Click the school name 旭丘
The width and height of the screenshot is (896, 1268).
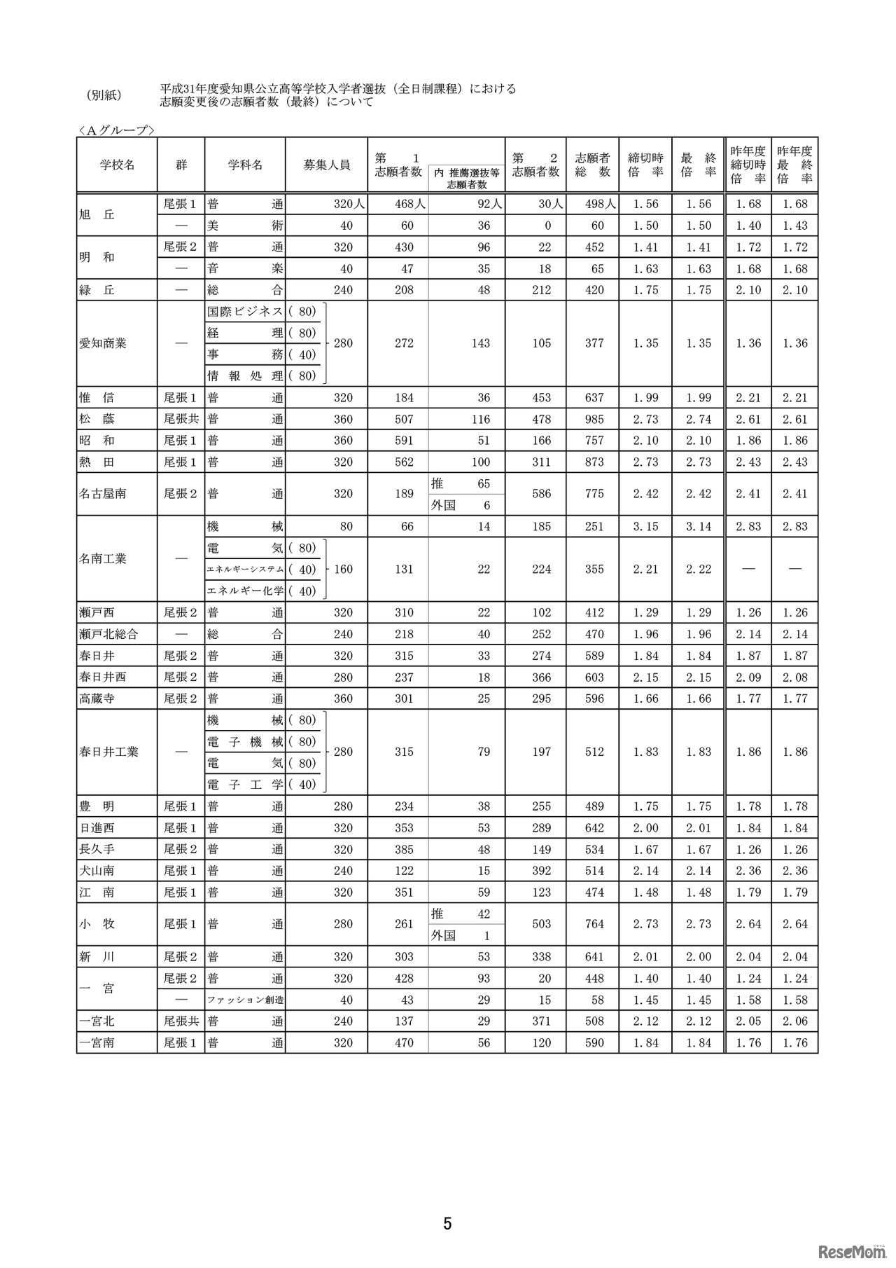point(97,215)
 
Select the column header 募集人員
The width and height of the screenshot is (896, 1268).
point(326,165)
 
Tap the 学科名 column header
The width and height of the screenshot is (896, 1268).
point(245,165)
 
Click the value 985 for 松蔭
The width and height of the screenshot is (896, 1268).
point(594,420)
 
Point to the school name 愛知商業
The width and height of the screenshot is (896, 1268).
point(103,344)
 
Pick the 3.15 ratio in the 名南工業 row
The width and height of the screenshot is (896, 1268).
point(645,527)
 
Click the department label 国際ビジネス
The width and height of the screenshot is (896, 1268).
point(245,312)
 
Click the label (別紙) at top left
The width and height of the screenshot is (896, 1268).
point(103,95)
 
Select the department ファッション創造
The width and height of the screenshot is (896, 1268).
point(245,1000)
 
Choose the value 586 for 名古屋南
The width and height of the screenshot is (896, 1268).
point(541,494)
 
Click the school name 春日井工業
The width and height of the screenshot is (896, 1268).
point(108,752)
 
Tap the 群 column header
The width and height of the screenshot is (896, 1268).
point(181,165)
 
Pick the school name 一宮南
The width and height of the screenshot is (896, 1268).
point(97,1043)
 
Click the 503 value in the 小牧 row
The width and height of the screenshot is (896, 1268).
point(541,925)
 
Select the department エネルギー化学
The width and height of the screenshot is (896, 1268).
point(245,591)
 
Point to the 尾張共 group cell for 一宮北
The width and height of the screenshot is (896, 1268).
point(181,1021)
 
